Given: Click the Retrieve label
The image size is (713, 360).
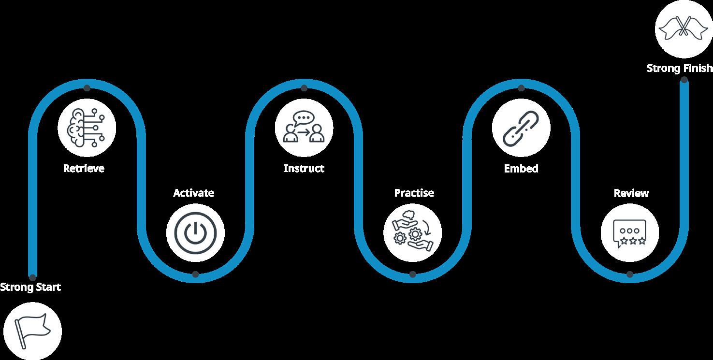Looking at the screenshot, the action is pyautogui.click(x=84, y=169).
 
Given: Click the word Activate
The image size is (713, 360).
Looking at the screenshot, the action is pyautogui.click(x=193, y=193).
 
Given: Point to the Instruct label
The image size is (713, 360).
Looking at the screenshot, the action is pyautogui.click(x=304, y=169).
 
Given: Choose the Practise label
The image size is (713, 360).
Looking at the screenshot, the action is pyautogui.click(x=414, y=193).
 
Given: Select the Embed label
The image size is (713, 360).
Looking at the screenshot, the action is pyautogui.click(x=521, y=169).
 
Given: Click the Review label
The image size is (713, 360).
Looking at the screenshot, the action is pyautogui.click(x=631, y=193).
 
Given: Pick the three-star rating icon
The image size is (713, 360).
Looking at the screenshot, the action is pyautogui.click(x=629, y=233).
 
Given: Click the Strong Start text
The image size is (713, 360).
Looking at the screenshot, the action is pyautogui.click(x=30, y=287).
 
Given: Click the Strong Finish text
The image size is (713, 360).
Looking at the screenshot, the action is pyautogui.click(x=680, y=69).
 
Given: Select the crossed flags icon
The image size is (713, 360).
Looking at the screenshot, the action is pyautogui.click(x=684, y=28).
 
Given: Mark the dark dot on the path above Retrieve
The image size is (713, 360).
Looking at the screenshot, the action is pyautogui.click(x=87, y=88).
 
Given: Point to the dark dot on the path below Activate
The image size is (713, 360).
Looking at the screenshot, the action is pyautogui.click(x=195, y=274).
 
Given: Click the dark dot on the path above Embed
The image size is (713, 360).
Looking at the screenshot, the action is pyautogui.click(x=521, y=88).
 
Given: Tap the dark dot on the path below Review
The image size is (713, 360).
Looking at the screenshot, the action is pyautogui.click(x=629, y=274).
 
